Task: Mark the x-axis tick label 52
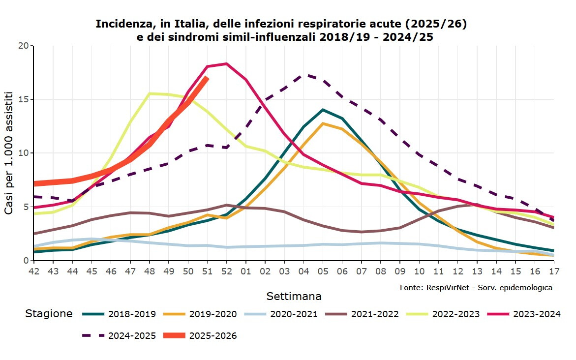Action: [x=226, y=271]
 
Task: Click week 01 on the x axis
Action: [x=245, y=271]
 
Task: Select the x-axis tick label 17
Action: [x=554, y=271]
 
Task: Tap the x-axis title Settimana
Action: [x=294, y=296]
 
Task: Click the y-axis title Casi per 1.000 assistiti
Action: [x=9, y=152]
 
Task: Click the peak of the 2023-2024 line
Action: [x=226, y=63]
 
